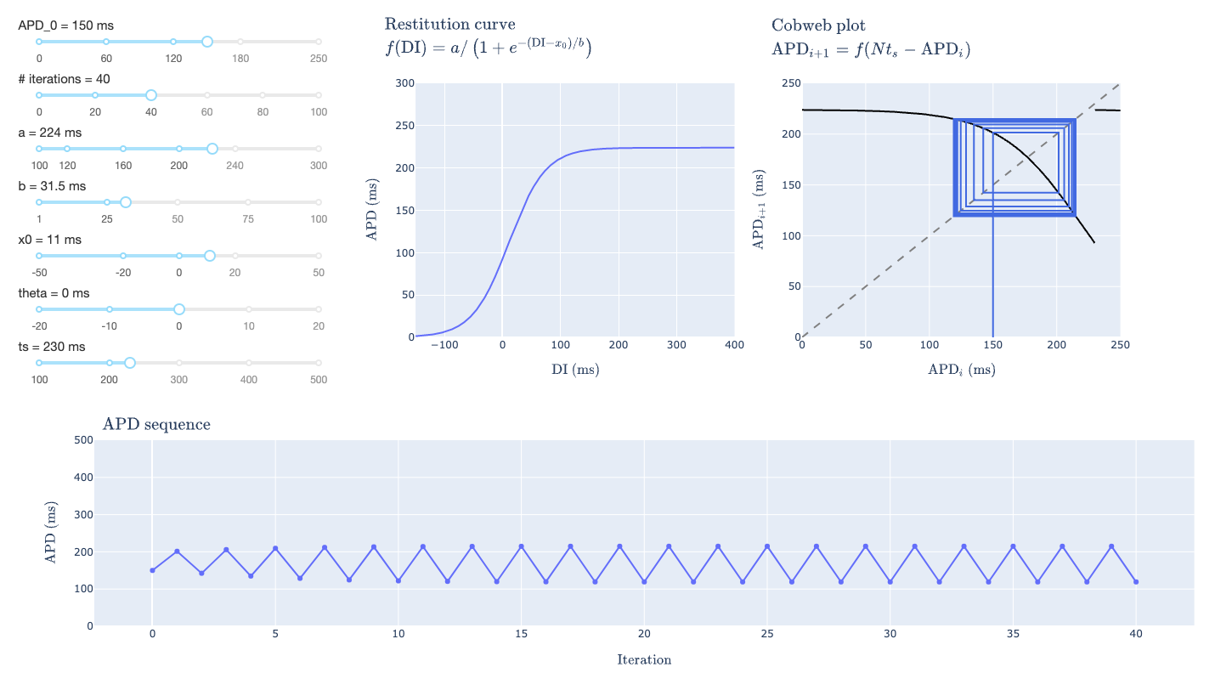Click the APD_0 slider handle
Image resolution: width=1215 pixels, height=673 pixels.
pos(206,42)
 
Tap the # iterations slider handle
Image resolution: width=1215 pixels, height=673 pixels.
pos(150,95)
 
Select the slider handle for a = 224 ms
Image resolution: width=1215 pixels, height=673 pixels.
pos(212,149)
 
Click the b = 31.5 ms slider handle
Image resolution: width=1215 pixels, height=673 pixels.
pos(126,202)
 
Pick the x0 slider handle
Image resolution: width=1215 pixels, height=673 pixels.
pos(210,256)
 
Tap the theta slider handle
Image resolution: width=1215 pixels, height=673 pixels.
pos(179,309)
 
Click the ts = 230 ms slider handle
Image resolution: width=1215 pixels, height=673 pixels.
pos(130,363)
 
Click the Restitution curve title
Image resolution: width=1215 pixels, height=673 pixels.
pos(449,25)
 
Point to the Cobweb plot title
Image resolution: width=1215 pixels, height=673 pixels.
pos(818,25)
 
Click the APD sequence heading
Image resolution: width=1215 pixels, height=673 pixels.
pos(156,424)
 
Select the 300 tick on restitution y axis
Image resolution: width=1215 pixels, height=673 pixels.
pos(404,83)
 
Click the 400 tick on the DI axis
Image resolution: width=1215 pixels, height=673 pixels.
pos(734,346)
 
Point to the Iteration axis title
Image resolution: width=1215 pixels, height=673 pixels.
pos(644,659)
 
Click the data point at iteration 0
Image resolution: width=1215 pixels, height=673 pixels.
pos(152,570)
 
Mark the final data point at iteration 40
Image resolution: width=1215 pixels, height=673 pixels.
pos(1136,582)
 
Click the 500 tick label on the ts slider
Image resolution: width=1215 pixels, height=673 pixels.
pos(318,379)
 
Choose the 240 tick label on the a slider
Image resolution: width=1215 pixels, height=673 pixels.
pos(235,166)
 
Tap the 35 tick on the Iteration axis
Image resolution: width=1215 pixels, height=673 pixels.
pos(1013,635)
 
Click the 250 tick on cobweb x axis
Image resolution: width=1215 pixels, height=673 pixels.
pos(1120,346)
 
